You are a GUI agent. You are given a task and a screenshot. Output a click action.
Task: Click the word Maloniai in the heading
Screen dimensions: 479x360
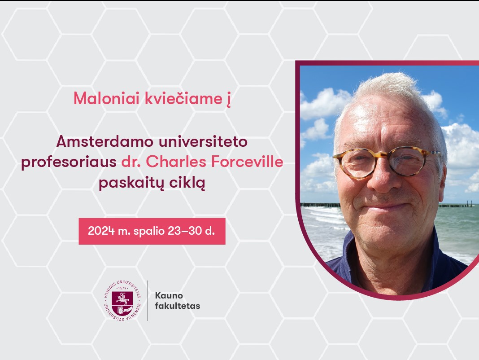(106, 98)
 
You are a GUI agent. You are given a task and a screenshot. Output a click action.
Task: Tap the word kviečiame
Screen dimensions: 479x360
(183, 98)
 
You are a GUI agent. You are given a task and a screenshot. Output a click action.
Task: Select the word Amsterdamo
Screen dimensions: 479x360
(105, 141)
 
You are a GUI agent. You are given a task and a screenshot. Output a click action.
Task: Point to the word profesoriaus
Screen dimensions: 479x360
(69, 162)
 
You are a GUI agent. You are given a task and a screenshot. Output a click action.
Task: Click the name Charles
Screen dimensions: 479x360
(176, 162)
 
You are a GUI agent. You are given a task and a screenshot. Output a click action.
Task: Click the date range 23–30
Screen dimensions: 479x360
(184, 231)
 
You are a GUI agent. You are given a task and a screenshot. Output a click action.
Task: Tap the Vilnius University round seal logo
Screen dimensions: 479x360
(122, 301)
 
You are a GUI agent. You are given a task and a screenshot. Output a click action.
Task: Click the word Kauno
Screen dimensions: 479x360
(169, 295)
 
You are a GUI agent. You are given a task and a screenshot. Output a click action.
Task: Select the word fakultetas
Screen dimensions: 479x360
(178, 306)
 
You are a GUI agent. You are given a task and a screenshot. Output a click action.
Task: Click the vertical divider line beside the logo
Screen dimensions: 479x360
(148, 301)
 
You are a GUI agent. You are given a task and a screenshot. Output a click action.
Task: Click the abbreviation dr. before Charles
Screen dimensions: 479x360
(131, 162)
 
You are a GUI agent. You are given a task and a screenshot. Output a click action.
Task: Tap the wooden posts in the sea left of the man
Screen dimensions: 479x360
(320, 205)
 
